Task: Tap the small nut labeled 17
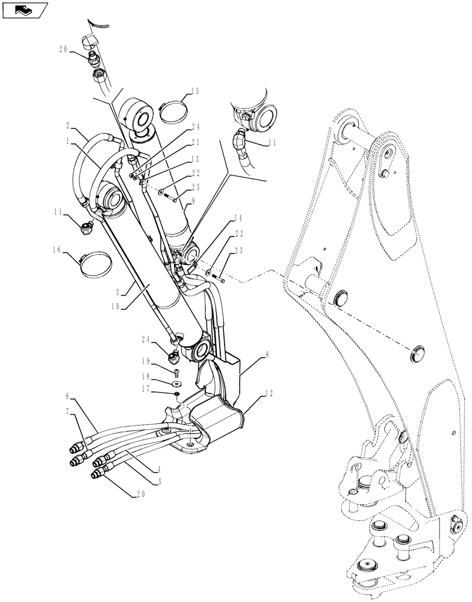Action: coord(178,394)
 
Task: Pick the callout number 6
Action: coord(69,396)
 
